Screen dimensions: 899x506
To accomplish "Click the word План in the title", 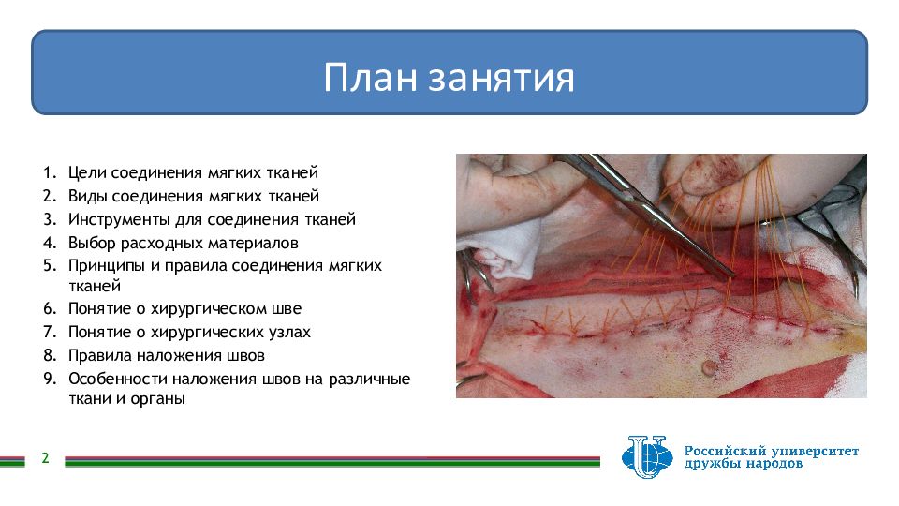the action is [x=370, y=78].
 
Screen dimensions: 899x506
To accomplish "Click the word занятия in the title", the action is [x=502, y=79].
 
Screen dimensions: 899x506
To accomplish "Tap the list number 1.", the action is [x=50, y=172].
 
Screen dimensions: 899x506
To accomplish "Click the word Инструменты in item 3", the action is [x=120, y=220].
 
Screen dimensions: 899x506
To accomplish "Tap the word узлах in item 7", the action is [x=292, y=332].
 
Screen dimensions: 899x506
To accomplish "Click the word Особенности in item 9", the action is [x=118, y=379].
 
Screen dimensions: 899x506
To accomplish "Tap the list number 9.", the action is [x=50, y=379].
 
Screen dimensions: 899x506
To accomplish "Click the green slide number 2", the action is [x=45, y=458].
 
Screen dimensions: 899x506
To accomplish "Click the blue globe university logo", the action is [x=647, y=456].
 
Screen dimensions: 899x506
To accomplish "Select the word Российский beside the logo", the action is [x=725, y=451].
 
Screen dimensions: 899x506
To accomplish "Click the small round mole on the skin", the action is [x=711, y=367].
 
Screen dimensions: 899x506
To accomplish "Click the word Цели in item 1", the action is [x=87, y=172].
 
